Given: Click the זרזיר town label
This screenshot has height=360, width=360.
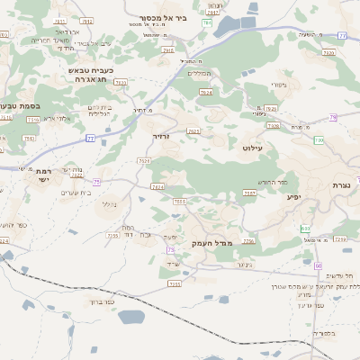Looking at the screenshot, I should click(161, 137).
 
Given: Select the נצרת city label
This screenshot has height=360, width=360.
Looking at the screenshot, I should click(341, 185).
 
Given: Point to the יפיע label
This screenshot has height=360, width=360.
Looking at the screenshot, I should click(293, 196).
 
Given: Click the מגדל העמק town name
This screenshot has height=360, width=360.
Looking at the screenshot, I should click(212, 243).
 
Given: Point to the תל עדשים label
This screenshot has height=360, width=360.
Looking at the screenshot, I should click(341, 274).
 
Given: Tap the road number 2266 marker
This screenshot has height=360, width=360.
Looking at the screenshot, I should click(249, 241).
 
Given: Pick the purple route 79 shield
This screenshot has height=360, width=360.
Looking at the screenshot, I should click(333, 117).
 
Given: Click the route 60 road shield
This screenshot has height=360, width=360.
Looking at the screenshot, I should click(318, 265).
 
